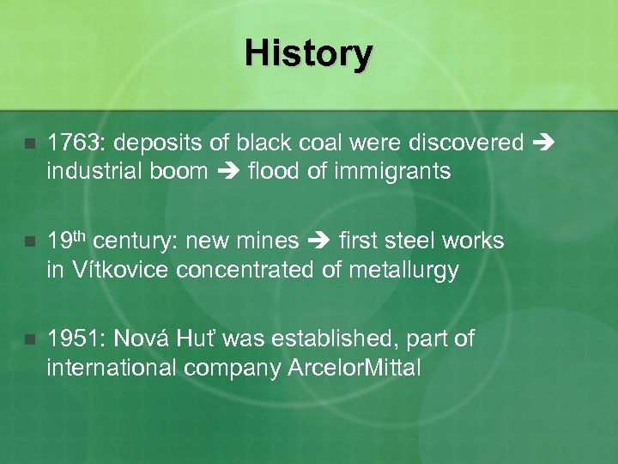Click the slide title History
pyautogui.click(x=308, y=53)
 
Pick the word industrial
pyautogui.click(x=91, y=172)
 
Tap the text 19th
pyautogui.click(x=67, y=241)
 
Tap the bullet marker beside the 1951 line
pyautogui.click(x=31, y=340)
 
